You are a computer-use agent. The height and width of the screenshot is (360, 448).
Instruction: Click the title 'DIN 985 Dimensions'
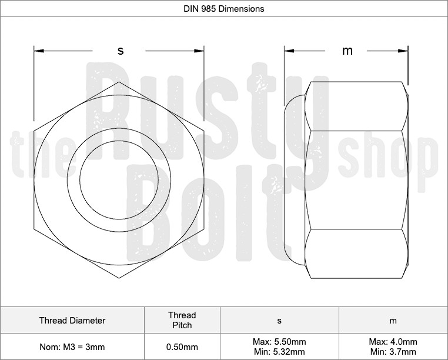224,9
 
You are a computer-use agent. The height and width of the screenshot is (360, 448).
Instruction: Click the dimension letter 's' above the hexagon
121,51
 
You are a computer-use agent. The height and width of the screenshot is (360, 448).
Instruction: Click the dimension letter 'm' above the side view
347,51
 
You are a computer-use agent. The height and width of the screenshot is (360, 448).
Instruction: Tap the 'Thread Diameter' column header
72,321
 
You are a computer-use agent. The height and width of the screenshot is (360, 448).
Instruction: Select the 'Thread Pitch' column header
182,321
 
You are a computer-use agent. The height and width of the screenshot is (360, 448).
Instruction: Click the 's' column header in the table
279,321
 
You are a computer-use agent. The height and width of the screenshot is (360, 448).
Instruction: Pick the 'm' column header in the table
393,321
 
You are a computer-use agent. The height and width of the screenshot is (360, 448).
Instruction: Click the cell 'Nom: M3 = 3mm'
72,347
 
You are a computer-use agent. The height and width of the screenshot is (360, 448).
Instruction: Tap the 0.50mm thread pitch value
182,347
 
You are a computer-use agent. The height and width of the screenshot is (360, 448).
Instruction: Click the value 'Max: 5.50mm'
279,342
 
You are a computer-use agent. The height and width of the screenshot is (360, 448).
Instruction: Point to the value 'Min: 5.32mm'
279,352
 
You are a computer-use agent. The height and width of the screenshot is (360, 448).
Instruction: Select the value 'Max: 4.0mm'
393,342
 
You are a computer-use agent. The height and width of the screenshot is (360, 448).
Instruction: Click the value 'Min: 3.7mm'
393,352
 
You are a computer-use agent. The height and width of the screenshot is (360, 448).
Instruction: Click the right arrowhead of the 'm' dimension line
405,51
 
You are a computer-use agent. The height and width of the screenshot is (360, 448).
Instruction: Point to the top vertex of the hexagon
119,81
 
